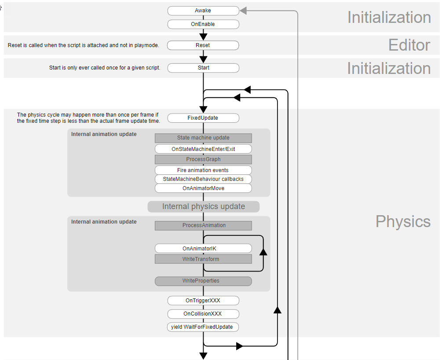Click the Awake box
203,11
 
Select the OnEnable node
203,24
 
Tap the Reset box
203,45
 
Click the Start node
203,68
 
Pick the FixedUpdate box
203,118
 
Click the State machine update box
203,138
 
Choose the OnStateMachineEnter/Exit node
203,149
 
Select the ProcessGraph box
203,159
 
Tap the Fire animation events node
203,170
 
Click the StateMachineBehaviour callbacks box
203,179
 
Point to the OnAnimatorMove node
203,188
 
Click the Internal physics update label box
204,206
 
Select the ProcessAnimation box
204,225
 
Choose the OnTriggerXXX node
203,301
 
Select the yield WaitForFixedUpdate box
203,327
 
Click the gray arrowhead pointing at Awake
243,11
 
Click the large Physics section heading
403,221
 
